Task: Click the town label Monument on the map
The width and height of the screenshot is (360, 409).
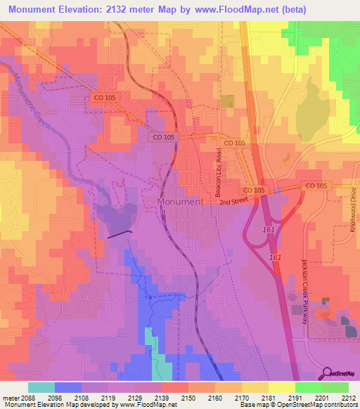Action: [180, 201]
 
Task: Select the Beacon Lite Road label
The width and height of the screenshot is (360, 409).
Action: [218, 176]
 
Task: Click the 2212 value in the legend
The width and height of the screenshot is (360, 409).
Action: [349, 397]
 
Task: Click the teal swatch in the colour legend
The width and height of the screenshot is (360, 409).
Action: [41, 387]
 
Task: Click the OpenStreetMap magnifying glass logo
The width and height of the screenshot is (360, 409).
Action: [328, 372]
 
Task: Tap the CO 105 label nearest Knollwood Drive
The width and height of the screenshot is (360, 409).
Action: [316, 186]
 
